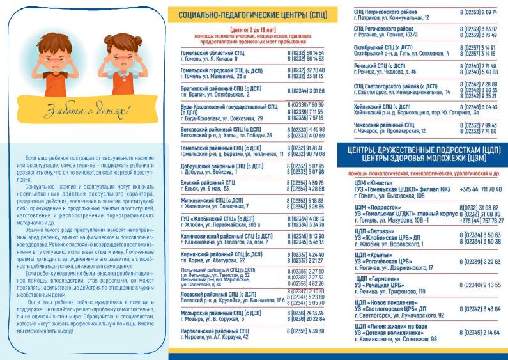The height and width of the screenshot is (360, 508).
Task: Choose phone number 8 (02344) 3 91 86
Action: click(306, 91)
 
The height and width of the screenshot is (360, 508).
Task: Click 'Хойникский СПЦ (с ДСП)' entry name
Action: click(383, 106)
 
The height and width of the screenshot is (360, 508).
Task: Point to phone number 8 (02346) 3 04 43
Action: click(479, 106)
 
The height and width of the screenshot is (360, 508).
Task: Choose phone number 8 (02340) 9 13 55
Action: click(479, 285)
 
